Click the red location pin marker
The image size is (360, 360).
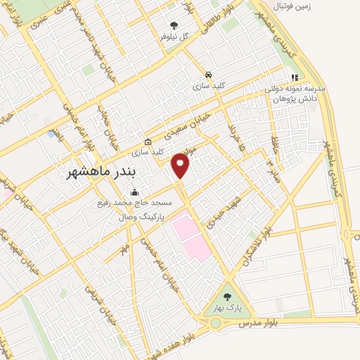point(181,166)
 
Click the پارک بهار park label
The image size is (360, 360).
point(226,309)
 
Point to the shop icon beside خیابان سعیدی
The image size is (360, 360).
point(148,141)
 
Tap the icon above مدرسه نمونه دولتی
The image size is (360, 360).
point(295,77)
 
